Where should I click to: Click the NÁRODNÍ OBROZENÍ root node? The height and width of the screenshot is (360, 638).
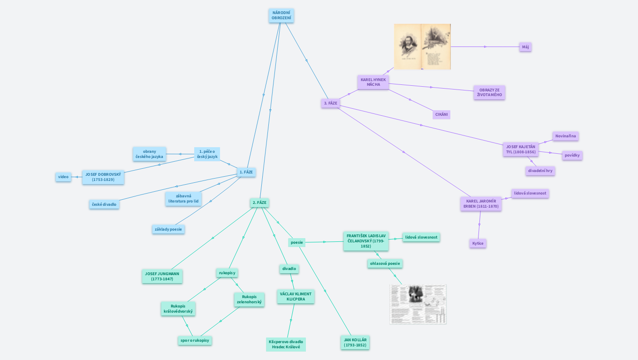281,15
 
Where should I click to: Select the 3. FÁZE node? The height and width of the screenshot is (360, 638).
330,103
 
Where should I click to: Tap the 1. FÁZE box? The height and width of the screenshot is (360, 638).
246,172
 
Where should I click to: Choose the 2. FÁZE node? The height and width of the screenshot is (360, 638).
259,203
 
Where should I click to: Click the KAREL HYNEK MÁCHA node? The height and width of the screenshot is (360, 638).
373,82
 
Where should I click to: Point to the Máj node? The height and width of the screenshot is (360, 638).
525,47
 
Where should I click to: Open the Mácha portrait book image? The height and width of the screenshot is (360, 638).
422,47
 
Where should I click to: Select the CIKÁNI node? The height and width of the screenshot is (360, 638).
441,114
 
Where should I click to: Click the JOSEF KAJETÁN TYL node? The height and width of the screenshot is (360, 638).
520,149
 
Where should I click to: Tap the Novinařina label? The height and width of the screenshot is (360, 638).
565,136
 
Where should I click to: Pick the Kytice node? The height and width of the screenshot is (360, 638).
478,243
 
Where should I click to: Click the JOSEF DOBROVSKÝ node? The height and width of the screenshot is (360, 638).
103,177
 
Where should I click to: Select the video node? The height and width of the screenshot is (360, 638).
63,177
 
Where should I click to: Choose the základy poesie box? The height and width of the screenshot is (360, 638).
168,229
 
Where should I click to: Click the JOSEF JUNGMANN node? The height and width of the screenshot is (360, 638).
162,276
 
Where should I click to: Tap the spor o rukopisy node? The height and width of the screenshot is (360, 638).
195,340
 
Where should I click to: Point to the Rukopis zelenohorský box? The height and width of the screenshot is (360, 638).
249,300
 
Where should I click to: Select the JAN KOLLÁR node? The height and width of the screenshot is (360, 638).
355,342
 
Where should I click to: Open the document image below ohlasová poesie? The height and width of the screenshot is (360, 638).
418,304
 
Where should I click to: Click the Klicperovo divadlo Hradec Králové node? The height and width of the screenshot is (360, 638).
286,344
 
